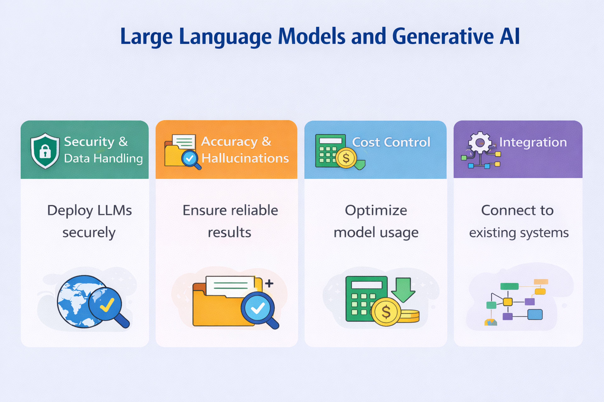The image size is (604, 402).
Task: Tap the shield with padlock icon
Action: tap(45, 151)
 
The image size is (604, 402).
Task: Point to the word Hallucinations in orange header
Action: tap(245, 158)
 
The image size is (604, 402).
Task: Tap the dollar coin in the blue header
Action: tap(346, 158)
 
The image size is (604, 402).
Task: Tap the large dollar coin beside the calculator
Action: tap(386, 312)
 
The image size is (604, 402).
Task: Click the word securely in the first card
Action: tap(89, 233)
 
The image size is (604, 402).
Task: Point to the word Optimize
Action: tap(376, 210)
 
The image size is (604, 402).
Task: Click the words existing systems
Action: tap(519, 233)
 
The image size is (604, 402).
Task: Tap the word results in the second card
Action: tap(229, 233)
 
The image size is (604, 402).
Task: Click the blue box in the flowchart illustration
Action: tap(535, 315)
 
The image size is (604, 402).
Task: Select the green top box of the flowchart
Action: tap(509, 286)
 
